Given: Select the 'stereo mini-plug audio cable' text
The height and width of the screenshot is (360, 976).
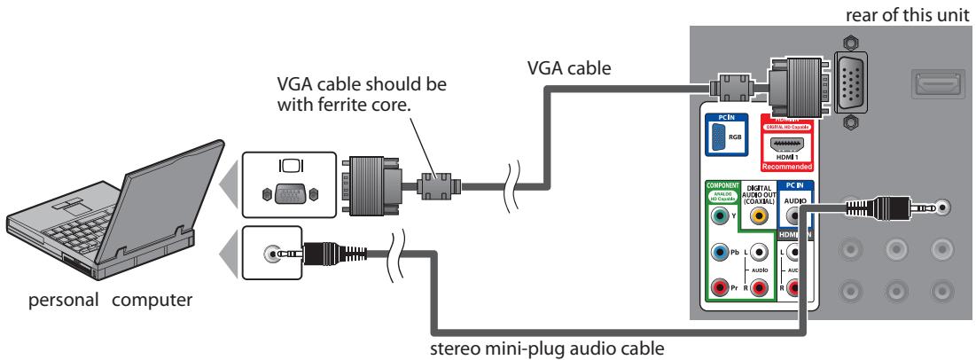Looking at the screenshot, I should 573,348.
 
